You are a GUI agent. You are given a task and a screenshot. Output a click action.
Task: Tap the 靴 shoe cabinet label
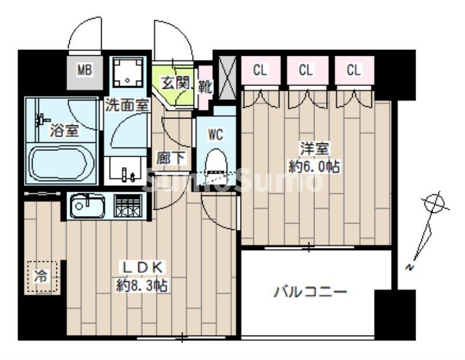[x=205, y=87]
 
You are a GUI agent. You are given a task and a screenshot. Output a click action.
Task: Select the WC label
[x=215, y=135]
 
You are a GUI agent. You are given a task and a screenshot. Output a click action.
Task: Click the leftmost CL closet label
[x=260, y=70]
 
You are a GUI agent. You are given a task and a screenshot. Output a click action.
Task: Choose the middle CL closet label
[x=306, y=70]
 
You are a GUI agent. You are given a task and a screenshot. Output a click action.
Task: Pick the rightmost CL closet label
[x=353, y=70]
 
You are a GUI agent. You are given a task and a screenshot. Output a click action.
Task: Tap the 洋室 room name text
[x=314, y=149]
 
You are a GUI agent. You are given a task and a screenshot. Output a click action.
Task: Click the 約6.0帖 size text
[x=314, y=167]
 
